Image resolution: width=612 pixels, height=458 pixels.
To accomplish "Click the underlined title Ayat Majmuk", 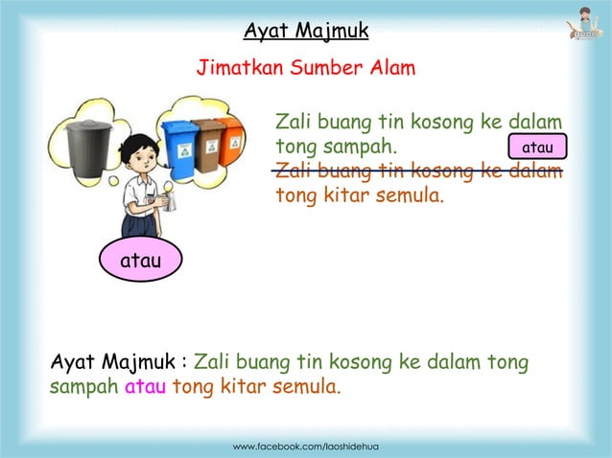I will [x=305, y=32].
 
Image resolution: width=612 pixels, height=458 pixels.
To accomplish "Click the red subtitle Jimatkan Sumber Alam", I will [x=305, y=69].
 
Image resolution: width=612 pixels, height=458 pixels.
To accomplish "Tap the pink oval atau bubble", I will [x=138, y=260].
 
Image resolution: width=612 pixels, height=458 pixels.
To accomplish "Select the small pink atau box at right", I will [x=537, y=147].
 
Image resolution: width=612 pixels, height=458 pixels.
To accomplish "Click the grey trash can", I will [x=88, y=146].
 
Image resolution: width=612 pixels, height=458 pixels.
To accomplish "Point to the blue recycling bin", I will [x=179, y=148].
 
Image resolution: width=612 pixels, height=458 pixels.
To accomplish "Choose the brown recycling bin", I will [x=208, y=143].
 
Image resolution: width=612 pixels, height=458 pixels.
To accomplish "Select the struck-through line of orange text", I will [x=418, y=172].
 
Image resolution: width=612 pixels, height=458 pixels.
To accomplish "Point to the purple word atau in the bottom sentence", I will [x=146, y=389].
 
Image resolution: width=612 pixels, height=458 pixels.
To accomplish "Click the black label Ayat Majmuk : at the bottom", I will [x=118, y=364].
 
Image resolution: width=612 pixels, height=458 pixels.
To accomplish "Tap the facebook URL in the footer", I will [x=306, y=447].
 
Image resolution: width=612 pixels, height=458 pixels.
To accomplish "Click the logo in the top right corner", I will [x=582, y=24].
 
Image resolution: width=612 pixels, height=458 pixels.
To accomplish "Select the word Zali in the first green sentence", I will [x=294, y=123].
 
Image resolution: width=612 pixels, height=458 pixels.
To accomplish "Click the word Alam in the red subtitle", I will [x=391, y=69].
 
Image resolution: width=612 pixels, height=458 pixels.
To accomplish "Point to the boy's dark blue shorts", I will [x=140, y=225].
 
